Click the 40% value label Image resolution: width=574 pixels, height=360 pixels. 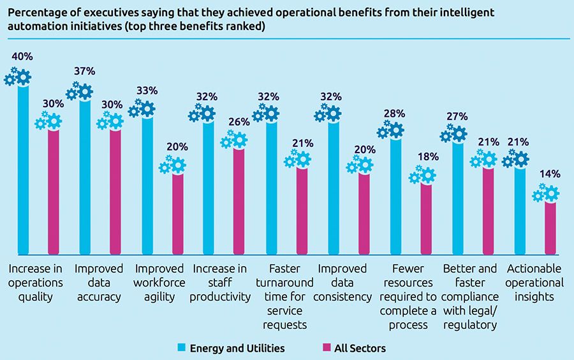point(23,57)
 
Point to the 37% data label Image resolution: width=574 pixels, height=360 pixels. point(84,71)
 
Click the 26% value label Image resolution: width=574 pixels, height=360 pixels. point(239,122)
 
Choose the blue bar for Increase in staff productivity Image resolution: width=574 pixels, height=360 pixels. point(208,185)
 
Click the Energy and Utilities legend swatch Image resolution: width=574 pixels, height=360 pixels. point(182,349)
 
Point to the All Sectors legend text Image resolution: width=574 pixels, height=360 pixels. point(360,349)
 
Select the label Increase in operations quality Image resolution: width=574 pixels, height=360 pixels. point(36,282)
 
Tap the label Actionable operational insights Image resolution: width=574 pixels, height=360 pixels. point(534,282)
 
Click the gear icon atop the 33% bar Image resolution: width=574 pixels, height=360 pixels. point(143,109)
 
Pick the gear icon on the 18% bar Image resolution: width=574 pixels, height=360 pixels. point(423,175)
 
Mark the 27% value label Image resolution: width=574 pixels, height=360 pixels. point(457,117)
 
